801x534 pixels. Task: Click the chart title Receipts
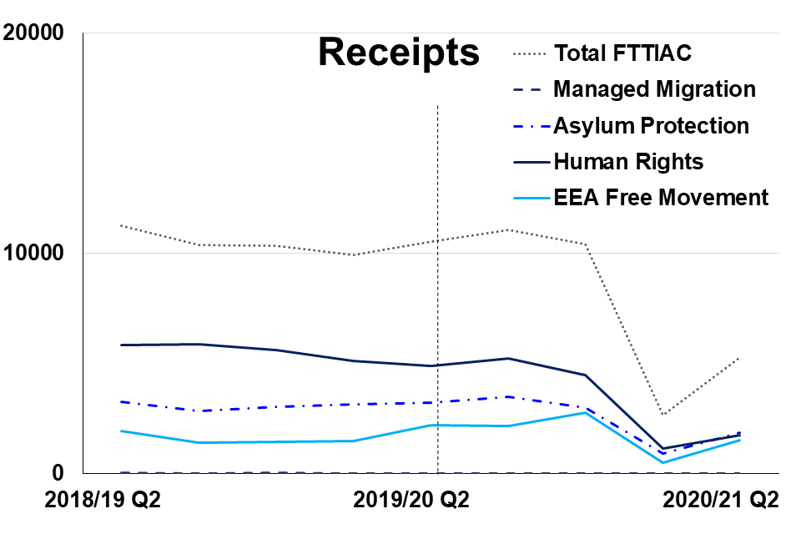click(x=399, y=53)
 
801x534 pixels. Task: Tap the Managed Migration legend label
click(x=654, y=89)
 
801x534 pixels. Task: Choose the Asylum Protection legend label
click(x=651, y=126)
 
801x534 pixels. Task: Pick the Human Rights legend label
click(x=628, y=161)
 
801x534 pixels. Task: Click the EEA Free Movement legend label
click(x=660, y=198)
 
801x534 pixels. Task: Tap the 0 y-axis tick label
click(x=58, y=473)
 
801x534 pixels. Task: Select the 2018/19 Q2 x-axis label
click(x=103, y=501)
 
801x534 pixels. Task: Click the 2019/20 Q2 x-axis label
click(x=411, y=501)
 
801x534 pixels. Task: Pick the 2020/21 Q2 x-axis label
click(x=720, y=501)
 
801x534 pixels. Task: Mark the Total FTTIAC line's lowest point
click(x=662, y=415)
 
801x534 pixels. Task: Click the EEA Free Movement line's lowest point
click(x=662, y=462)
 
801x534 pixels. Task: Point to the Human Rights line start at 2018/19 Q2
click(x=121, y=345)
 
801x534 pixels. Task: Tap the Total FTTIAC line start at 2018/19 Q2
click(x=121, y=225)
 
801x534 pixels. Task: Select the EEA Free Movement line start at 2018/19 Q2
click(x=121, y=431)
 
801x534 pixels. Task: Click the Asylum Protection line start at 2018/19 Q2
click(x=121, y=401)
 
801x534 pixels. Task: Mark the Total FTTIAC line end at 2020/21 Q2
click(x=739, y=358)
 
